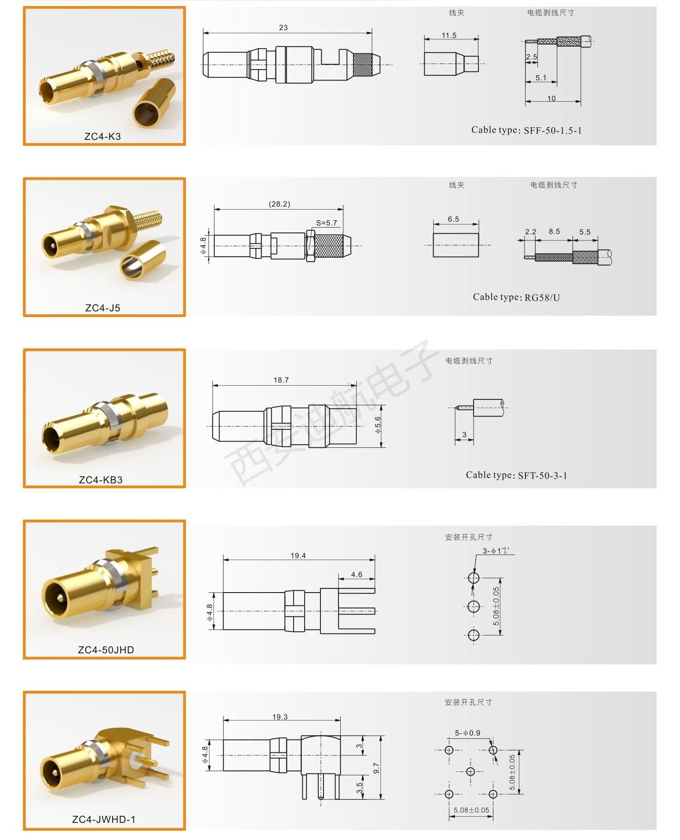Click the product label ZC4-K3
coord(103,136)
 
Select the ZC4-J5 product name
coord(103,308)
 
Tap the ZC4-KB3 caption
coord(101,480)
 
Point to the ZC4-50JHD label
coord(106,650)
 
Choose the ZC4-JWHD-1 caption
coord(104,819)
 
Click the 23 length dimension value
coord(283,28)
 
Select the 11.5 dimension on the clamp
coord(449,36)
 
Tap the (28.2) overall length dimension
coord(279,204)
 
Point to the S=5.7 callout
coord(327,223)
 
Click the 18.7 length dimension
coord(281,380)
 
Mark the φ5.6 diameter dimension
coord(378,425)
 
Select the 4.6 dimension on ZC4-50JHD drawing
coord(357,575)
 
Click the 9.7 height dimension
coord(376,769)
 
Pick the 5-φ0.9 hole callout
coord(467,733)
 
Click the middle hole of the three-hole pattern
coord(474,607)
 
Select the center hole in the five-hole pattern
coord(470,772)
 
